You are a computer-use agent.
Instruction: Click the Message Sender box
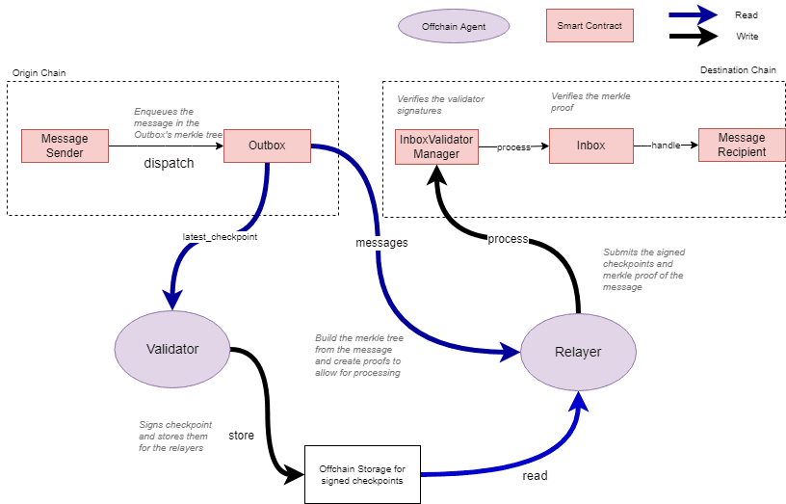65,146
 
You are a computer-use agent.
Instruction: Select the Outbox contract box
267,146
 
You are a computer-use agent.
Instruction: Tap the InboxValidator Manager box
436,146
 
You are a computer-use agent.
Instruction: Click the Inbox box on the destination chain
590,146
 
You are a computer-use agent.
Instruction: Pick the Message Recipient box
741,146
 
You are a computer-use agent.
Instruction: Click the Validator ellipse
171,349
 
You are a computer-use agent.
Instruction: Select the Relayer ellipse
578,352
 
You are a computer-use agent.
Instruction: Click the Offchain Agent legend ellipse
453,27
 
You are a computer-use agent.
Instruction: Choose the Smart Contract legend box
589,26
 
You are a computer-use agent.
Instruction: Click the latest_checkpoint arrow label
220,236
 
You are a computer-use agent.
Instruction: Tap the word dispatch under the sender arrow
169,163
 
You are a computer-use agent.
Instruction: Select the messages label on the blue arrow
381,243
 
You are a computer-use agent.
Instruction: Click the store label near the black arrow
241,436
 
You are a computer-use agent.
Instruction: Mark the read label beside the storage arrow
536,476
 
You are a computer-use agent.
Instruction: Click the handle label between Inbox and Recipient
666,146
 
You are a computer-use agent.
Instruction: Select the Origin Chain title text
38,73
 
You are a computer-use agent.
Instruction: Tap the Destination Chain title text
738,70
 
